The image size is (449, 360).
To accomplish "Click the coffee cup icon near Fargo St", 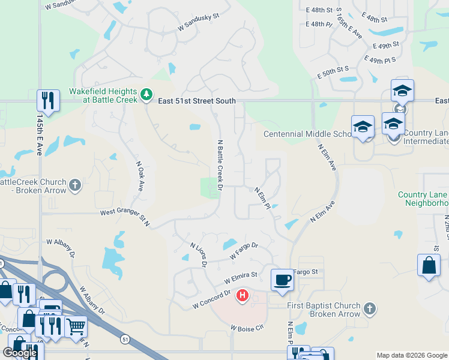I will [282, 280].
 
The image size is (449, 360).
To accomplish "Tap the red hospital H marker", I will [243, 295].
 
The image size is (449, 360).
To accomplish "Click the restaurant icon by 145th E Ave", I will [48, 100].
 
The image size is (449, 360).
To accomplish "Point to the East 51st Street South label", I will [197, 101].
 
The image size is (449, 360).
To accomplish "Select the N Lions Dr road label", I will [199, 254].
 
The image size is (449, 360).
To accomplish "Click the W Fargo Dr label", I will [244, 251].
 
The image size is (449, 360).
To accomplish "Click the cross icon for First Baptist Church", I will [370, 310].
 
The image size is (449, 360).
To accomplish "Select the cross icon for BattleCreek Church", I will [74, 185].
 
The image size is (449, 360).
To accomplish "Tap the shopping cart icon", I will [76, 326].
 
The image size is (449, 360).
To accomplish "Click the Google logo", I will [20, 353].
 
